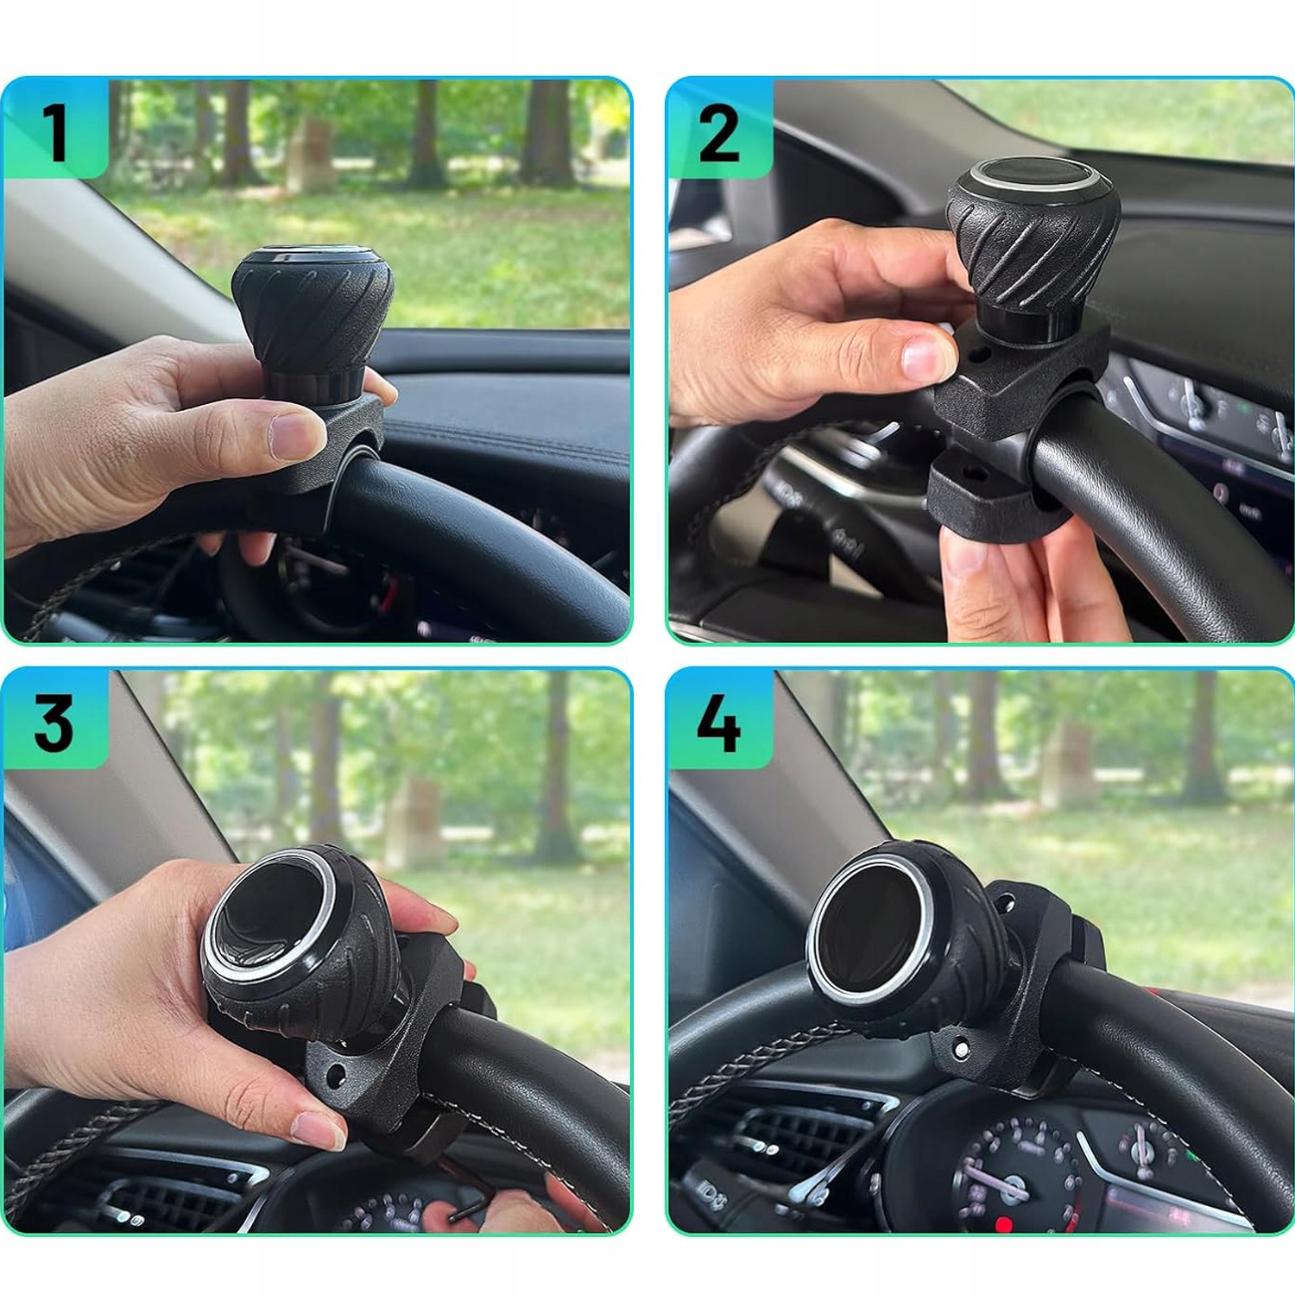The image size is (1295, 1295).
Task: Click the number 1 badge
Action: click(x=55, y=129)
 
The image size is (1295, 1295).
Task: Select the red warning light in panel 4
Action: click(x=1003, y=1223)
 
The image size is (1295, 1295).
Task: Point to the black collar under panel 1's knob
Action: click(x=307, y=387)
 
